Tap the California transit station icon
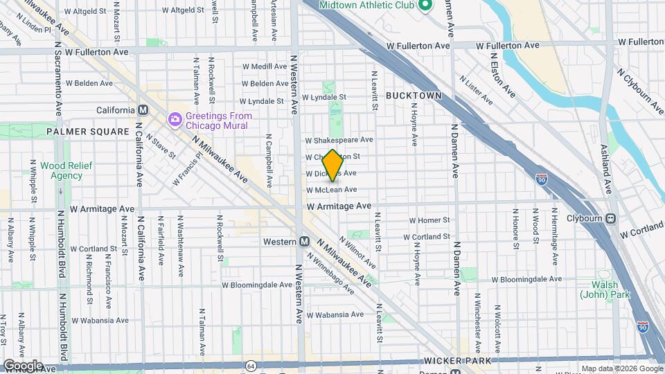pos(143,110)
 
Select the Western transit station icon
pos(304,242)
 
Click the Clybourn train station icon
pos(611,219)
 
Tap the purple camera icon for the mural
pos(175,119)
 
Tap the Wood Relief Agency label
pos(62,170)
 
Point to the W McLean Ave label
pos(331,190)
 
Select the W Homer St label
pos(429,220)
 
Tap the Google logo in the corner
pos(22,365)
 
